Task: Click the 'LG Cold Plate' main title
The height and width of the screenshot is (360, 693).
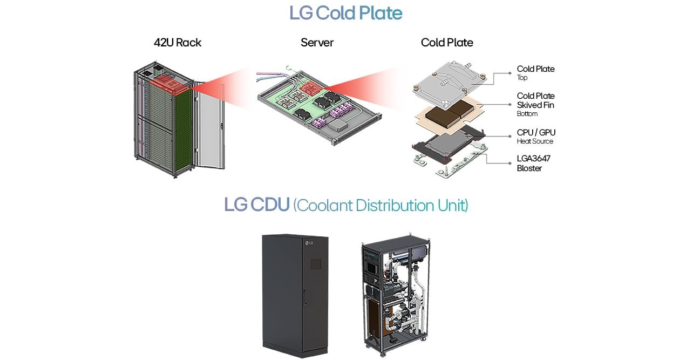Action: click(x=345, y=13)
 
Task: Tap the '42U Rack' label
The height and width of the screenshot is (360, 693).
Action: click(x=177, y=43)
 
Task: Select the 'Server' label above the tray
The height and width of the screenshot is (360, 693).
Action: click(x=317, y=43)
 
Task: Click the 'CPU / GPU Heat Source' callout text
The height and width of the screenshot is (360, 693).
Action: click(x=535, y=136)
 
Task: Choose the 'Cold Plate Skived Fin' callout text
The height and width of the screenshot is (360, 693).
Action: click(x=535, y=104)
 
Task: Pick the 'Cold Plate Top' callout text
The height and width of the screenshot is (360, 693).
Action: click(x=535, y=72)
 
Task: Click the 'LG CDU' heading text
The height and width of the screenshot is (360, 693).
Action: click(x=256, y=205)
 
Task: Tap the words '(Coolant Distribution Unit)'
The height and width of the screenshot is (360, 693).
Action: click(x=381, y=206)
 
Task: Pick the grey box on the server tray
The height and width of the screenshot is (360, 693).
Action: click(x=339, y=125)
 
